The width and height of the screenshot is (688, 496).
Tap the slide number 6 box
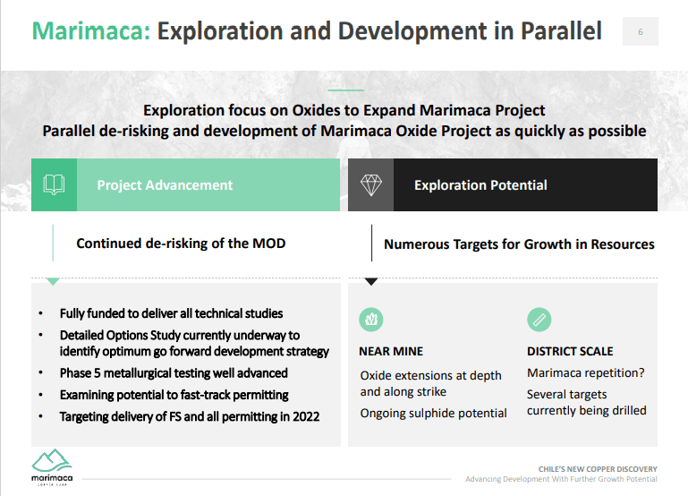(x=641, y=31)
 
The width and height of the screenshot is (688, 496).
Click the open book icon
(x=54, y=184)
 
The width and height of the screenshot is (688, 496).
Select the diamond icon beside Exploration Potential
(x=370, y=184)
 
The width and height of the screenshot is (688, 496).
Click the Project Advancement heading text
(x=165, y=184)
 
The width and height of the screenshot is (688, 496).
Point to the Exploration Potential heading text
(x=480, y=184)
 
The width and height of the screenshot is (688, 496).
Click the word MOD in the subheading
(x=269, y=244)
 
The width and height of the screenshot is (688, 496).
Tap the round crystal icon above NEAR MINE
(x=371, y=319)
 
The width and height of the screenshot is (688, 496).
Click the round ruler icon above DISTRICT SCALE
(x=539, y=319)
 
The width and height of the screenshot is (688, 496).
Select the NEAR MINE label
(x=391, y=351)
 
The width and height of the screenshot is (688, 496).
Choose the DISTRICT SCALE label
(x=570, y=351)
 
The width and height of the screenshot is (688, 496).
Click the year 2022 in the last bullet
(x=306, y=416)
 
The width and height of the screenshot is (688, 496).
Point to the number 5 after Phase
(x=97, y=373)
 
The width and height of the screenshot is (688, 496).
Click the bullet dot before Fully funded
(x=41, y=313)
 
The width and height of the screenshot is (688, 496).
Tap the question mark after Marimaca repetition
(x=641, y=372)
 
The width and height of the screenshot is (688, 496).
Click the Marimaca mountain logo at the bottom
(x=52, y=467)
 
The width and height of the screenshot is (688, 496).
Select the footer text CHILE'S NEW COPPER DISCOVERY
(x=598, y=469)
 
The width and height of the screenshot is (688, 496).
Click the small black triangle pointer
(x=371, y=281)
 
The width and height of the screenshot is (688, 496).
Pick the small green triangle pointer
(x=53, y=281)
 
